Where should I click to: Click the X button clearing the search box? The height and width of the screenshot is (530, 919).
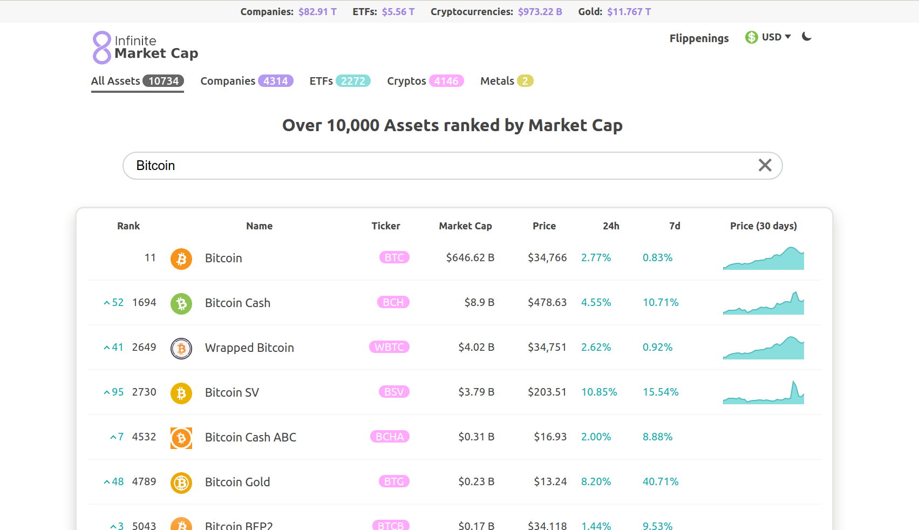tap(765, 165)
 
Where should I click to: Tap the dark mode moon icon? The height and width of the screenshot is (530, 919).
tap(807, 37)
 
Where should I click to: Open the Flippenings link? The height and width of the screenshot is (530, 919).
tap(699, 38)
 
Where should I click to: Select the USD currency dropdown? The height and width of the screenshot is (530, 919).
tap(768, 37)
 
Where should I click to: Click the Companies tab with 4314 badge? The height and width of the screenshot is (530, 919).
tap(247, 81)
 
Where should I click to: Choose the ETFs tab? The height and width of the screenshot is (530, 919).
tap(339, 81)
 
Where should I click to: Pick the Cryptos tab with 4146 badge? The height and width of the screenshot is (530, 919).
tap(425, 81)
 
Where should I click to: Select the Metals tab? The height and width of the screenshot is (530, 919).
tap(506, 81)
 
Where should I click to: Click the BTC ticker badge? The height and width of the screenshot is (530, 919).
tap(394, 257)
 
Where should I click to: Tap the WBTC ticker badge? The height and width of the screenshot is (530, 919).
tap(389, 347)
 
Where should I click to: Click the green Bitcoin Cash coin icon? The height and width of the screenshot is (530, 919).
tap(181, 304)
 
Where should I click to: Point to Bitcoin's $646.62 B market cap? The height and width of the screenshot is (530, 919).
tap(470, 258)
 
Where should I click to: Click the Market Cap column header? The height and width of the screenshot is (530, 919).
tap(465, 226)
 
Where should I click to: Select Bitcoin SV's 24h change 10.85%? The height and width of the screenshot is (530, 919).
tap(599, 392)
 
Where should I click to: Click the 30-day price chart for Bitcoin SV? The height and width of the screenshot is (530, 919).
tap(763, 393)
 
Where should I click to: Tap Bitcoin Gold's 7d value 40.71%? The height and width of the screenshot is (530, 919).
tap(661, 482)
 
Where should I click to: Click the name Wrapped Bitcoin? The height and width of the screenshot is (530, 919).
tap(249, 348)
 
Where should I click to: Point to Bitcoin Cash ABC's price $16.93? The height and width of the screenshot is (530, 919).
tap(550, 437)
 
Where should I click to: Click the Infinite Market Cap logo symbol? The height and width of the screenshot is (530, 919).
tap(101, 47)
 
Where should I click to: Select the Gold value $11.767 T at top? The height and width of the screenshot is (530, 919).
tap(629, 12)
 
